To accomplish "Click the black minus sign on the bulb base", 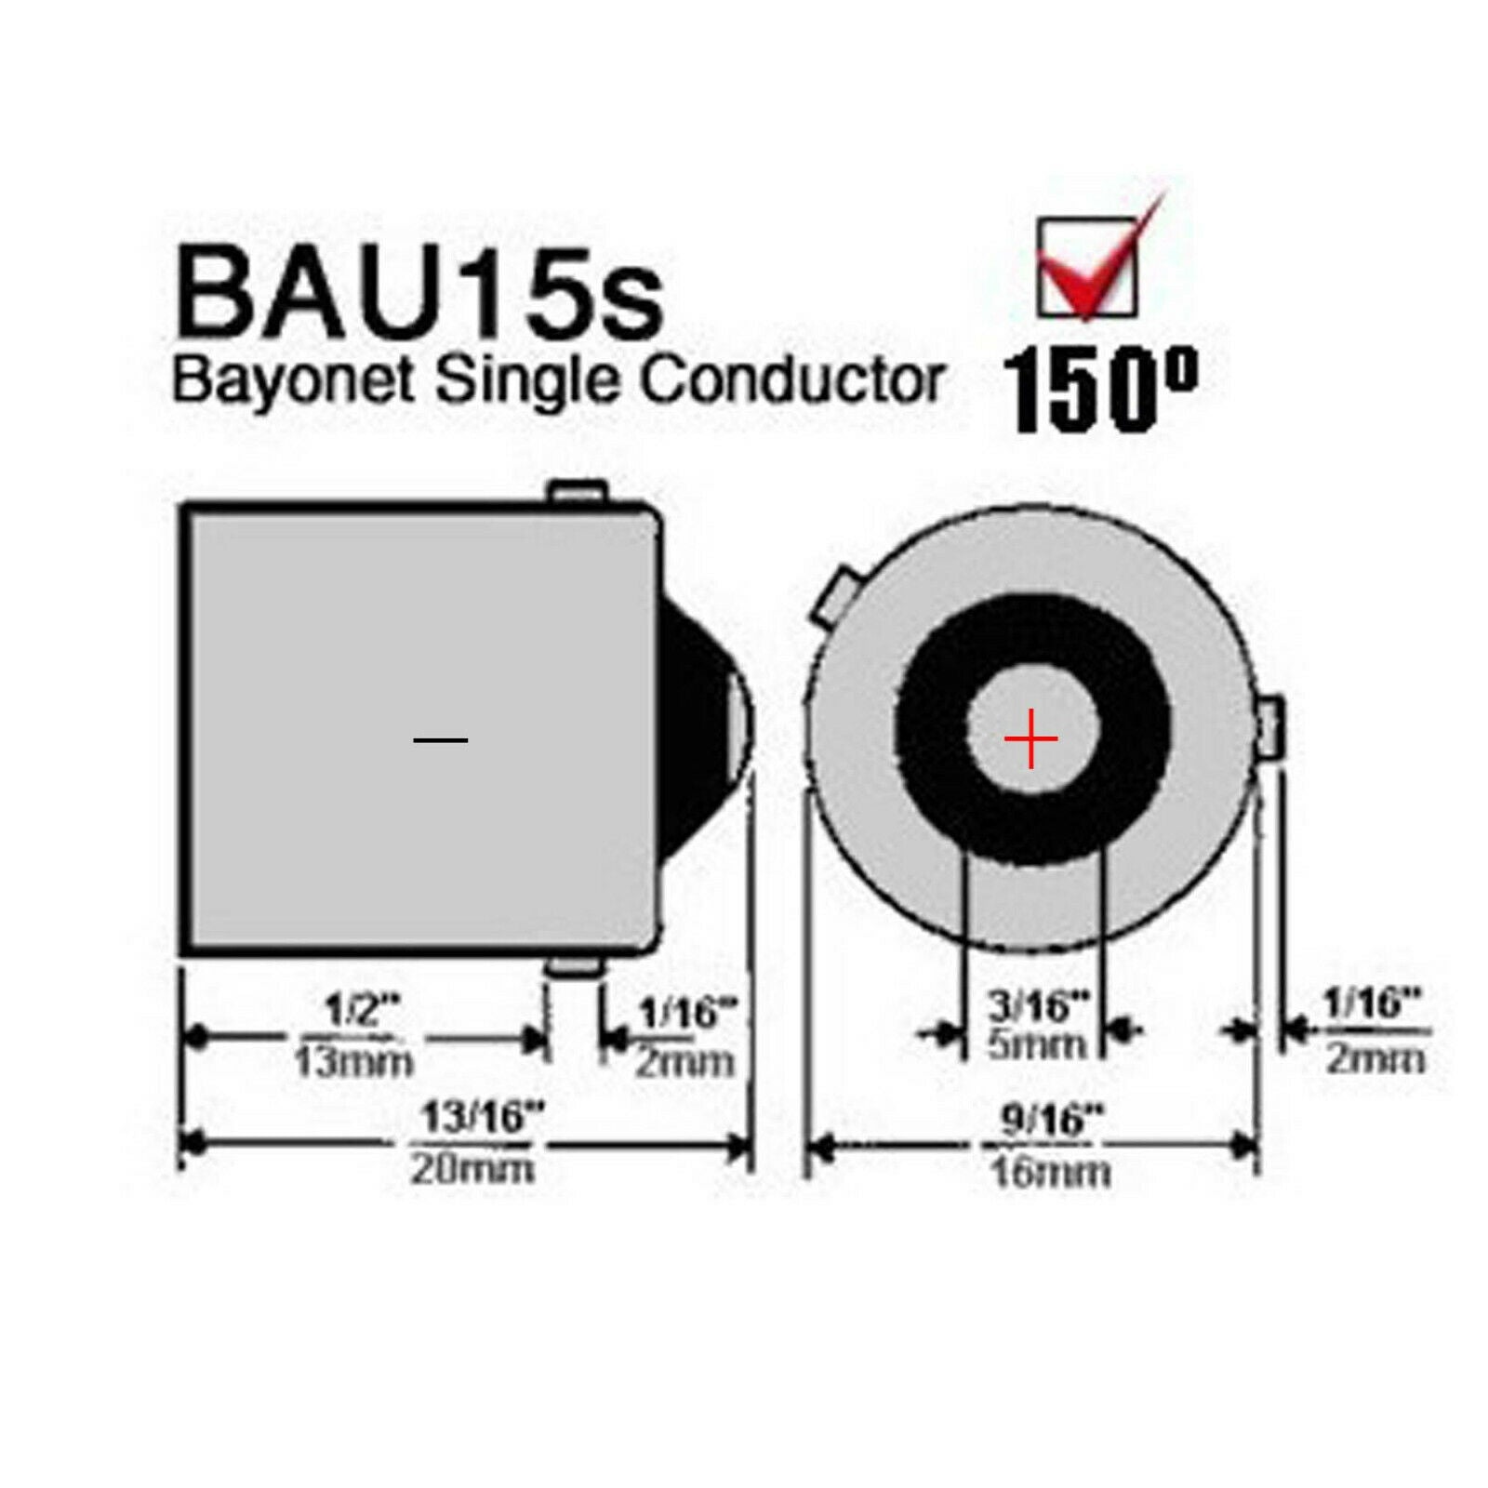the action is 440,740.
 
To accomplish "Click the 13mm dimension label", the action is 353,1062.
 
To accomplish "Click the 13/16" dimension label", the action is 482,1117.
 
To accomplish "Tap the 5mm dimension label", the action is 1036,1045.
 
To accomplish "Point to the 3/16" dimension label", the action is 1038,1006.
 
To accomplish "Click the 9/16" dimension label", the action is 1051,1120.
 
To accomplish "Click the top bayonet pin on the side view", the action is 578,492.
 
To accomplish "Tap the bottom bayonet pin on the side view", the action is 574,966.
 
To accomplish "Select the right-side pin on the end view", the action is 1272,727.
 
